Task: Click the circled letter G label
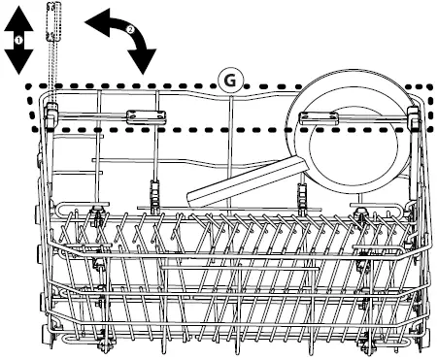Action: tap(230, 82)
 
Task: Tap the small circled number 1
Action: tap(17, 37)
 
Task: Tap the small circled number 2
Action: tap(130, 31)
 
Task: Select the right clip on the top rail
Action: tap(319, 118)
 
